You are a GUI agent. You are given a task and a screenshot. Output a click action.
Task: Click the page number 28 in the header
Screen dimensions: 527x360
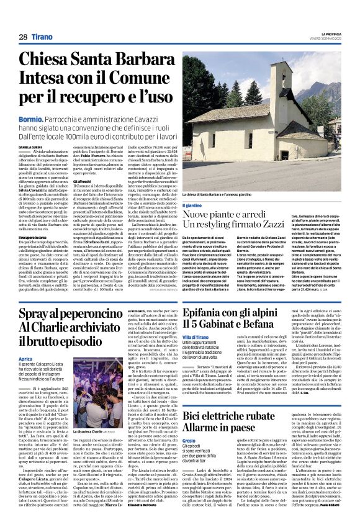(x=23, y=37)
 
